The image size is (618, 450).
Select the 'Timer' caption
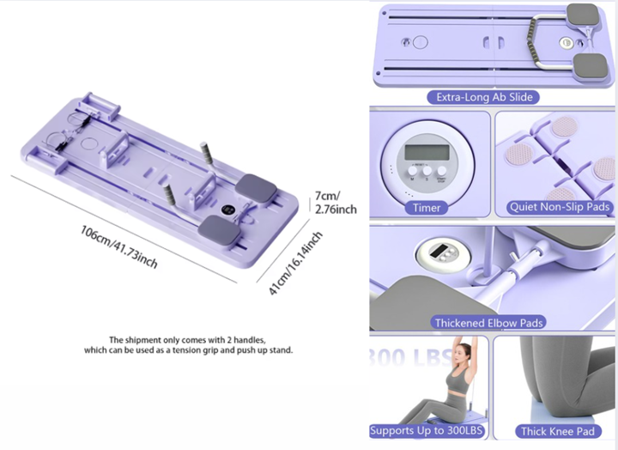coord(427,207)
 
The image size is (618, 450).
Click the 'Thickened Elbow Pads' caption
coord(489,323)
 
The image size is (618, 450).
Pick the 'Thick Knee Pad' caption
coord(556,431)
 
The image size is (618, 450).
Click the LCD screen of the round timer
coord(425,153)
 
